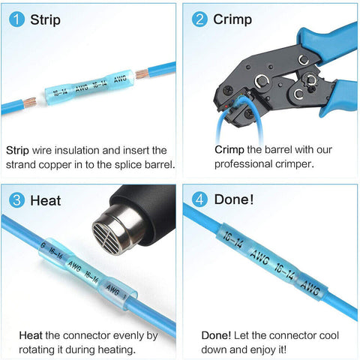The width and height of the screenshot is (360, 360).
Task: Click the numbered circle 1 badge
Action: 16,19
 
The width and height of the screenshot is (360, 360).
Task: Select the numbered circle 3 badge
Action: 16,200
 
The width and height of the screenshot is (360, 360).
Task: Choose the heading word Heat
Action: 44,200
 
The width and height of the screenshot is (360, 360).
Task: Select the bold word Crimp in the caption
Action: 219,150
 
